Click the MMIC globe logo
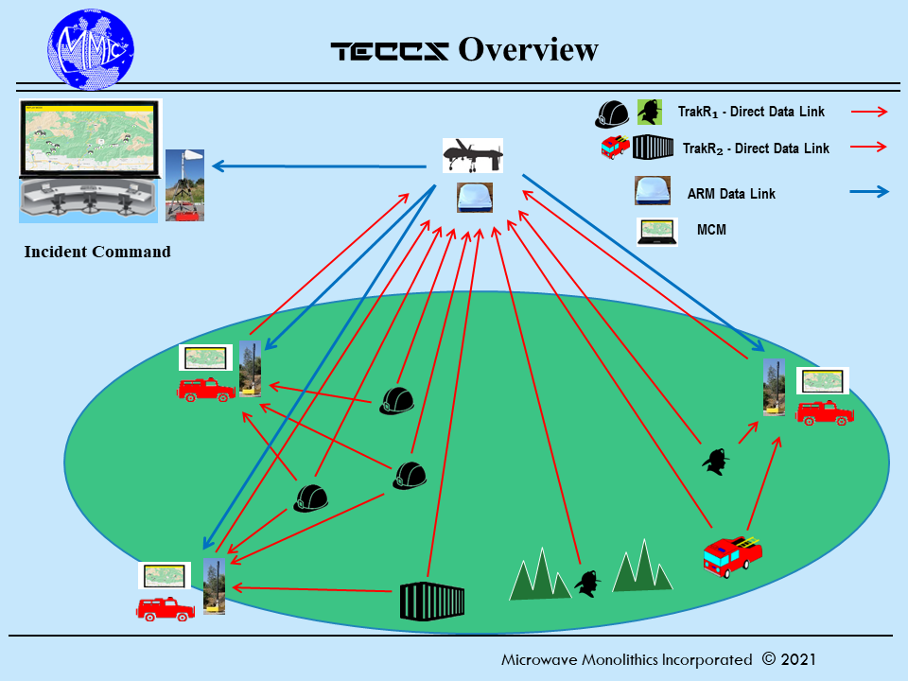point(91,47)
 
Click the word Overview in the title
point(528,50)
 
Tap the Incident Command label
point(97,252)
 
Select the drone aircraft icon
point(472,154)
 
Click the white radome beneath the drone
point(473,197)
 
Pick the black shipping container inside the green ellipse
point(432,601)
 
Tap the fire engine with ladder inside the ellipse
point(732,554)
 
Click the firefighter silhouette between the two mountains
point(588,583)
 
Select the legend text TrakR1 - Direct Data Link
point(751,112)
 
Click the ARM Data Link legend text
point(731,194)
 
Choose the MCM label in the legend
point(711,230)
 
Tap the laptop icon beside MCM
point(657,231)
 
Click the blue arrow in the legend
point(869,191)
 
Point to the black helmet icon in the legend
point(612,113)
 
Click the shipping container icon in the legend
point(652,148)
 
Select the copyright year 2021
point(797,659)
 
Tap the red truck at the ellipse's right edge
point(825,411)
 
